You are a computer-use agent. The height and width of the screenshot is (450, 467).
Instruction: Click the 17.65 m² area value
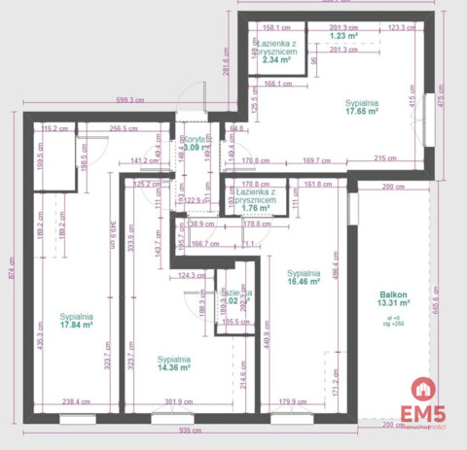pyautogui.click(x=362, y=112)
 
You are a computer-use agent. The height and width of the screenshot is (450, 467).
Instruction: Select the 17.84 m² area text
pyautogui.click(x=76, y=326)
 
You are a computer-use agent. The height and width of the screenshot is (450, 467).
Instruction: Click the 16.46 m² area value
pyautogui.click(x=305, y=282)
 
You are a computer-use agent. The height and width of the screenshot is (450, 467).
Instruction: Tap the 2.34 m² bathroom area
pyautogui.click(x=276, y=59)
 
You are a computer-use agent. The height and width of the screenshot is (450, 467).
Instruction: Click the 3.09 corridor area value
pyautogui.click(x=192, y=148)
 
